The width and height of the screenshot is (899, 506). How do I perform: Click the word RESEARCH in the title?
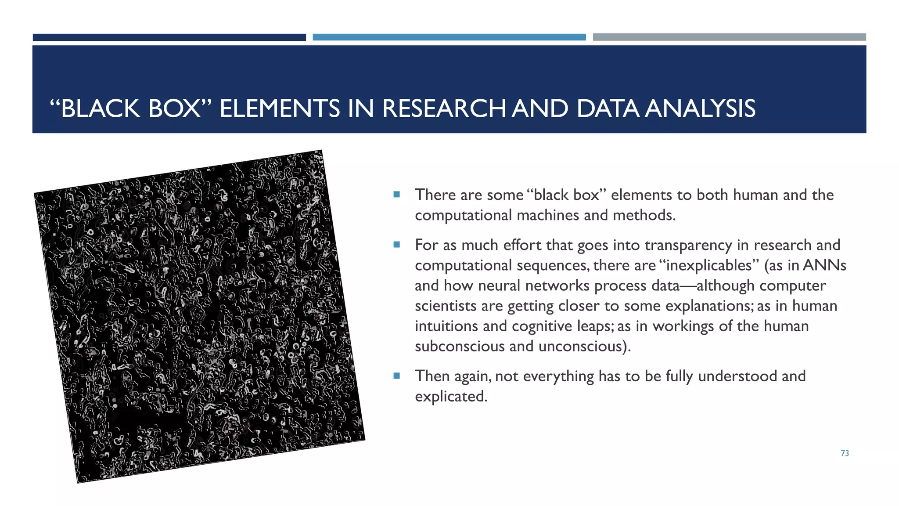(443, 108)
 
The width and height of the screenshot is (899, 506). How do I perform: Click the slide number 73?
(845, 453)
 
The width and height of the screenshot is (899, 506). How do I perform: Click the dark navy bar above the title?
(169, 37)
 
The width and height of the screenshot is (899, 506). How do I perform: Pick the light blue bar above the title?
(449, 37)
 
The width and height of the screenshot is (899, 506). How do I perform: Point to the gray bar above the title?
(729, 37)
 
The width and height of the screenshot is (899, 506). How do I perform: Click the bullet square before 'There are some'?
(397, 195)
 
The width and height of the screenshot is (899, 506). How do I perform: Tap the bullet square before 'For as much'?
(397, 245)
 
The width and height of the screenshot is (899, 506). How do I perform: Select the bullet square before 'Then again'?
(397, 376)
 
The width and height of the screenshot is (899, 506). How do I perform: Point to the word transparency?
(688, 245)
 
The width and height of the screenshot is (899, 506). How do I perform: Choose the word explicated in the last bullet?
(450, 397)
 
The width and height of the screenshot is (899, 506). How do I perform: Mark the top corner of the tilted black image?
(322, 151)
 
